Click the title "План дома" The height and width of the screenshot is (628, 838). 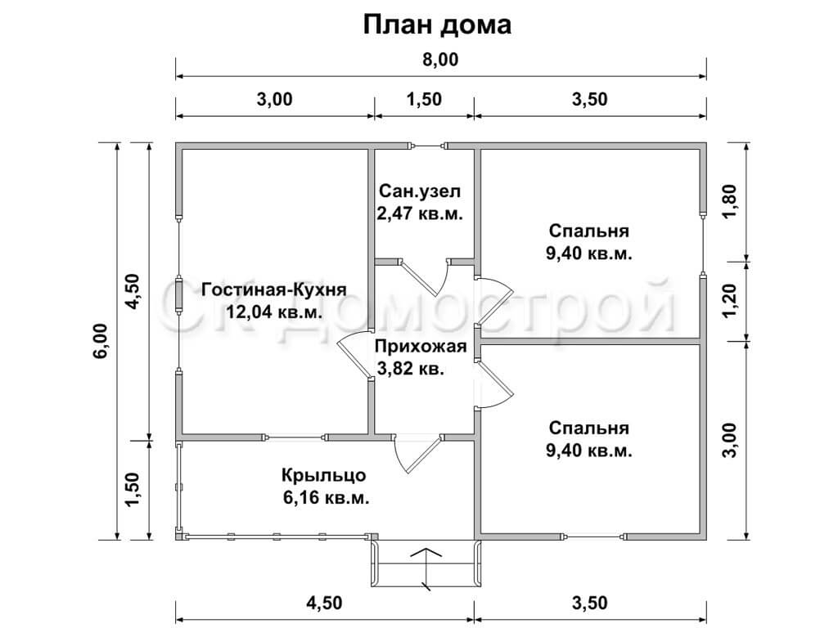pos(437,25)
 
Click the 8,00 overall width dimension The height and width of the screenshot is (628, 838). pos(439,59)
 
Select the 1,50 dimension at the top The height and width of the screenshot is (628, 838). pos(424,99)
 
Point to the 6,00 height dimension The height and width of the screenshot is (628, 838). pos(102,341)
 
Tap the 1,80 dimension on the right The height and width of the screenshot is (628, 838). pos(729,201)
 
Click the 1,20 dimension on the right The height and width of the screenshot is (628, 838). pos(729,300)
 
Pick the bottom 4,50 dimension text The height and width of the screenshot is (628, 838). pos(324,603)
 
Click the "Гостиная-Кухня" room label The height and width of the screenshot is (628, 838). pos(274,289)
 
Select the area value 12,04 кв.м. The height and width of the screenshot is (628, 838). pos(274,312)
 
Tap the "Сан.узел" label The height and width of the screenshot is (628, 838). pos(420,191)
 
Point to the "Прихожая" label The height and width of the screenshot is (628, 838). pos(421,347)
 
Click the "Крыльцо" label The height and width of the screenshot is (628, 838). pos(324,475)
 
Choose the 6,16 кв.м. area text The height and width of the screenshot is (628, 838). pos(326,498)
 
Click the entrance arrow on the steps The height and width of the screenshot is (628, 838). pos(426,568)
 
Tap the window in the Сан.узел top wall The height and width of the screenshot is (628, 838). pos(427,146)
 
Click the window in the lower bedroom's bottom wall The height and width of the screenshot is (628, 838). pos(593,536)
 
